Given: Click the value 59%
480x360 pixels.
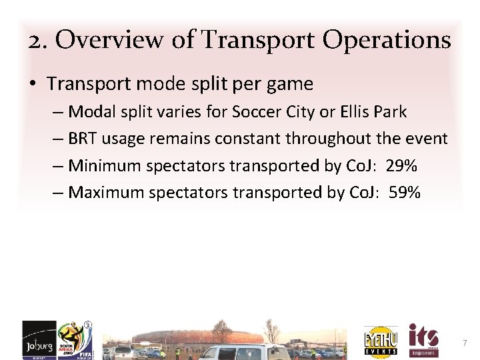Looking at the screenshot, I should point(404,193).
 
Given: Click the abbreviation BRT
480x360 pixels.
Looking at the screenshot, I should point(83,139).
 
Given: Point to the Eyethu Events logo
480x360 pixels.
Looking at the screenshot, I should point(381,341).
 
